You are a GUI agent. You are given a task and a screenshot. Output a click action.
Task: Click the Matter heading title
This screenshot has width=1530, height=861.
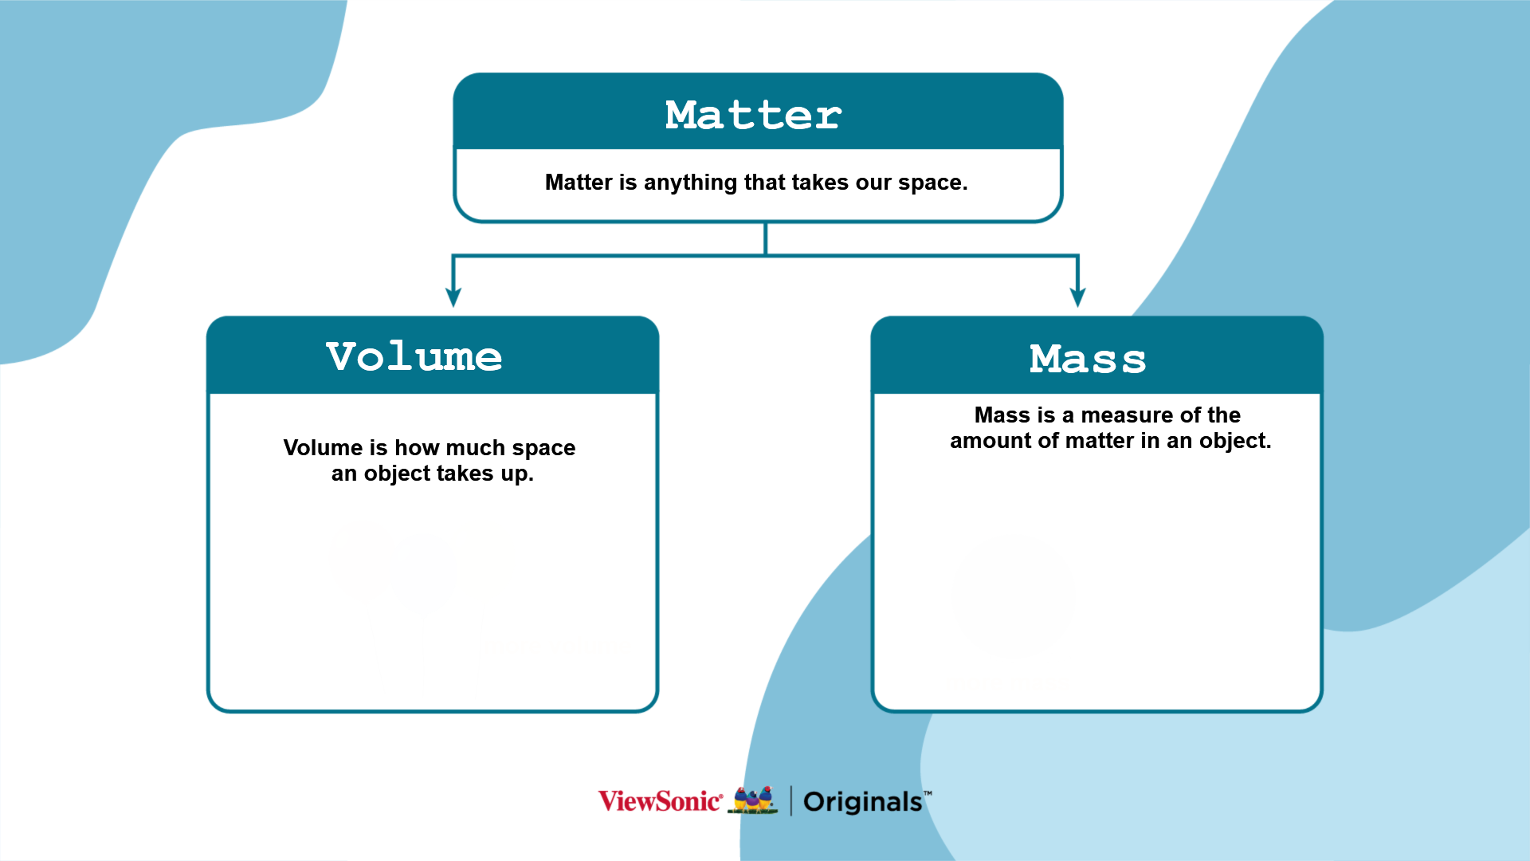[x=753, y=115]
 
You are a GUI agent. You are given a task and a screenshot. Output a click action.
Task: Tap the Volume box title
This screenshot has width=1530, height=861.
[x=414, y=356]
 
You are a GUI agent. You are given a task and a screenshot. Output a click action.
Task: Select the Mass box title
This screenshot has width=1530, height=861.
[x=1088, y=359]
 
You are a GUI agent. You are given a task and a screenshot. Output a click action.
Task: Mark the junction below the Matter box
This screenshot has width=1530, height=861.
[x=766, y=256]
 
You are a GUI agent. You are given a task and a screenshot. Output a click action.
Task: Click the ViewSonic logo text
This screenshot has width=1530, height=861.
[x=661, y=801]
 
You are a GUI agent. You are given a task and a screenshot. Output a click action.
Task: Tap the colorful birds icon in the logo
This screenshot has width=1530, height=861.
[x=753, y=800]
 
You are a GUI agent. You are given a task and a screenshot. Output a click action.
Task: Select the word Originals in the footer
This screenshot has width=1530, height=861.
[x=863, y=802]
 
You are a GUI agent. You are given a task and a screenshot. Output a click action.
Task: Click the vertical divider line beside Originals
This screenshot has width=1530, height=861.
[x=790, y=800]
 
